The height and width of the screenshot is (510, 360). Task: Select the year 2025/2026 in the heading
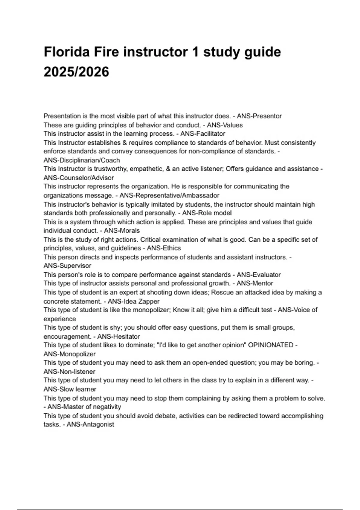coord(76,72)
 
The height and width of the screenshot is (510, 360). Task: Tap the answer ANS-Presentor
coord(259,116)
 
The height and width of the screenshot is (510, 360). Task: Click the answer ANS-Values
coord(225,125)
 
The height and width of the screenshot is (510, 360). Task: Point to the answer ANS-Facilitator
coord(202,133)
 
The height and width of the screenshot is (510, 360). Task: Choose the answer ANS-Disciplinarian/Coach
coord(82,160)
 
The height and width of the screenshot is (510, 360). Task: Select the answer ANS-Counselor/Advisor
coord(79,178)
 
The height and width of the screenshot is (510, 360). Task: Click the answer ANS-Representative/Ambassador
coord(169,195)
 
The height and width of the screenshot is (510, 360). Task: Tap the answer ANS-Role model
coord(207,213)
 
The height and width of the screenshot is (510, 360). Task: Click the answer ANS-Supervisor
coord(67,265)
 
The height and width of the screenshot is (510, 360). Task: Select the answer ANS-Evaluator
coord(259,274)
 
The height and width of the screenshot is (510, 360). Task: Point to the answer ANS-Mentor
coord(255,283)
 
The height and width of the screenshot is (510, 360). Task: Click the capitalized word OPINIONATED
coord(271,345)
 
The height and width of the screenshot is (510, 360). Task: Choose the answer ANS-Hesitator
coord(118,336)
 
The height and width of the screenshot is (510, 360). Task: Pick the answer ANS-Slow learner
coord(70,389)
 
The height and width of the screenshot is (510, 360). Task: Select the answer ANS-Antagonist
coord(90,424)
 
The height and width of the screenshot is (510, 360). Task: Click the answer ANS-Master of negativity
coord(84,407)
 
